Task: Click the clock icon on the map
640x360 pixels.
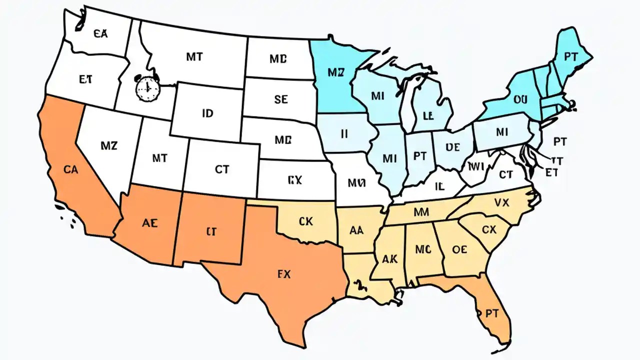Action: [x=148, y=88]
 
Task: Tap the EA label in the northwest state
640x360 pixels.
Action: [x=100, y=33]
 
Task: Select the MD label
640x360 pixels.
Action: [x=278, y=59]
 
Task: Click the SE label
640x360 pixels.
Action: [x=281, y=99]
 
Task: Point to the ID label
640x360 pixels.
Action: [x=207, y=113]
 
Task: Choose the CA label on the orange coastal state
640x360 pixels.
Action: [x=71, y=169]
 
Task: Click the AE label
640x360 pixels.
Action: [x=149, y=223]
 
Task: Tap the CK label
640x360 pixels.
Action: [x=305, y=221]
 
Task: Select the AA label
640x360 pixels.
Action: [x=356, y=230]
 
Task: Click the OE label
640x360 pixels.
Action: [x=459, y=249]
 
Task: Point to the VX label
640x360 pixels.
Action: [x=501, y=202]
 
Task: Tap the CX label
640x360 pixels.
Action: [x=489, y=230]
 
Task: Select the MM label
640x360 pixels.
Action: [x=422, y=212]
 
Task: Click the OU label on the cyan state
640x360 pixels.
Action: [x=520, y=99]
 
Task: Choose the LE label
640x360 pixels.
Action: [x=427, y=116]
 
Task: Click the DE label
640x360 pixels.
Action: [x=452, y=147]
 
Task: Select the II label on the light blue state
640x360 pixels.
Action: [x=344, y=133]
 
